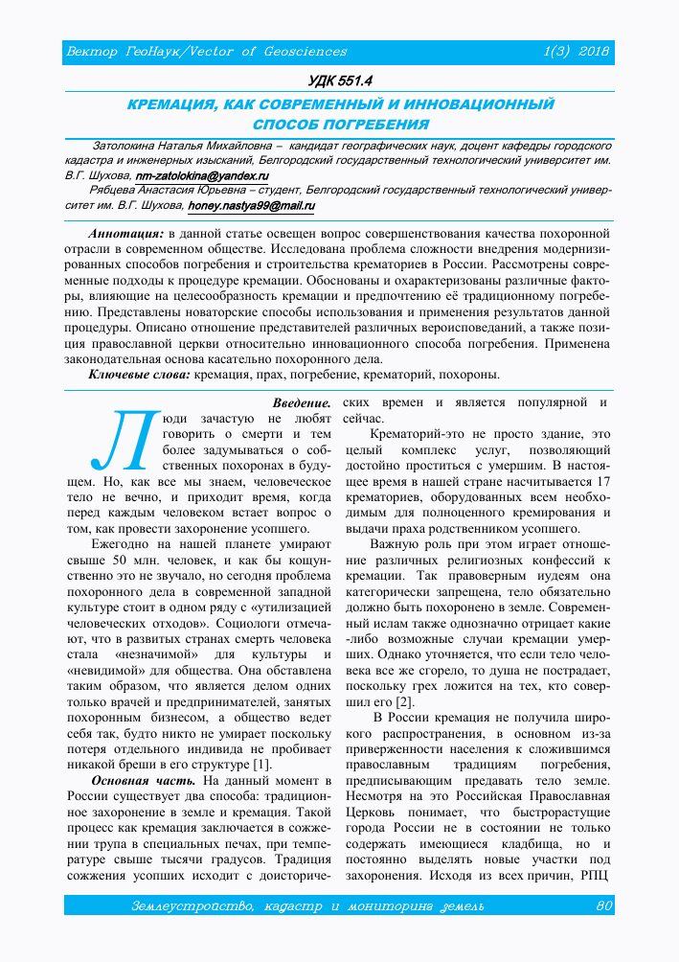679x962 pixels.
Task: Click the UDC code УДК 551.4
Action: point(339,81)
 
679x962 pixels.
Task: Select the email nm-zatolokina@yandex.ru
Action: point(201,176)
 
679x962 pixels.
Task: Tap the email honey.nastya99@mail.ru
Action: point(252,205)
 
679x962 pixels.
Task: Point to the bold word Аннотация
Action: point(125,234)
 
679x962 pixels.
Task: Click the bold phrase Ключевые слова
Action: point(139,374)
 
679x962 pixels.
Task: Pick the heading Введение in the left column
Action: point(302,402)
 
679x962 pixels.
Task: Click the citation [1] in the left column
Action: point(260,764)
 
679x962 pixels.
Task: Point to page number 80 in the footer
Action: point(603,905)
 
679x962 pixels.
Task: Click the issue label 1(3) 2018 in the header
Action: point(577,51)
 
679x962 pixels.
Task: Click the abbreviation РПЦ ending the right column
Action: point(595,873)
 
